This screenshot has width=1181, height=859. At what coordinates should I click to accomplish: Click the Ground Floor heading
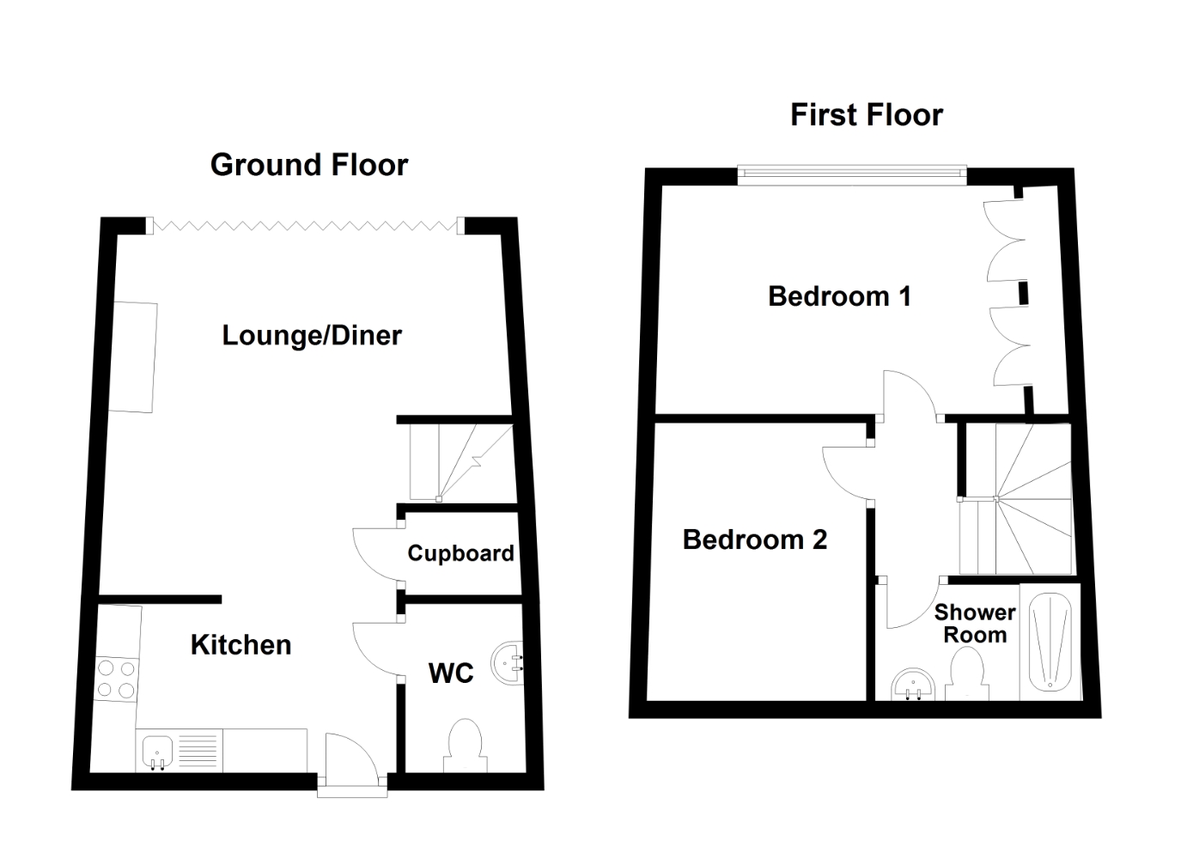tap(309, 165)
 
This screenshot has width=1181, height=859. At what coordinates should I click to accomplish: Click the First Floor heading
tap(867, 115)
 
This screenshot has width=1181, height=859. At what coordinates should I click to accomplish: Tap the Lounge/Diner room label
tap(312, 335)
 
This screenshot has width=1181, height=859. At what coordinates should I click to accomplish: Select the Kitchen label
tap(241, 645)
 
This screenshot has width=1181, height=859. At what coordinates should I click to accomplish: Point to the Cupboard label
tap(460, 553)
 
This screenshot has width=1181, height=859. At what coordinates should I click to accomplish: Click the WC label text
tap(451, 673)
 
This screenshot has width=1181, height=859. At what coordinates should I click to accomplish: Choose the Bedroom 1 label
tap(839, 295)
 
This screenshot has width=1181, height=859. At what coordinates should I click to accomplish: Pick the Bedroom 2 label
tap(754, 539)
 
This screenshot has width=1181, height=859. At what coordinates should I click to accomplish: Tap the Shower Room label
tap(975, 624)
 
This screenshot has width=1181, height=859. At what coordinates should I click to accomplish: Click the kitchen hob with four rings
tap(117, 679)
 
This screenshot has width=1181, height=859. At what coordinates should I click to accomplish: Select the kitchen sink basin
tap(157, 752)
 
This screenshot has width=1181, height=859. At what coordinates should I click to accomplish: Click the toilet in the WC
tap(465, 746)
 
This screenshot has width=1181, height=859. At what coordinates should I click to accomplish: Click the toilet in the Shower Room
tap(967, 674)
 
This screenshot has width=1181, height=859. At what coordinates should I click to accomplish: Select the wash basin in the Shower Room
tap(913, 685)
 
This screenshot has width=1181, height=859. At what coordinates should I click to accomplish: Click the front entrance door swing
tap(352, 755)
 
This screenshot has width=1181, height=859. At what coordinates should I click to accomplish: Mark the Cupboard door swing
tap(375, 554)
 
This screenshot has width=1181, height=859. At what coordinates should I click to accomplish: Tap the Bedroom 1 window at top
tap(852, 175)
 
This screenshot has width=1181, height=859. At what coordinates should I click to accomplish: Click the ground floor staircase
tap(462, 462)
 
